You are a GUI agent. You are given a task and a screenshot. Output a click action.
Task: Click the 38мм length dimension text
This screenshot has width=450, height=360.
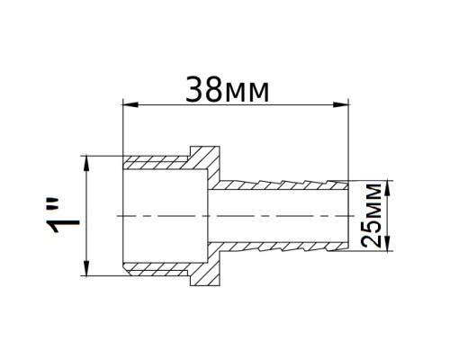[x=227, y=90]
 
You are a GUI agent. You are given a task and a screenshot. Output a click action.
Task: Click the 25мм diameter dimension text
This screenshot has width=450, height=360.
[x=371, y=216]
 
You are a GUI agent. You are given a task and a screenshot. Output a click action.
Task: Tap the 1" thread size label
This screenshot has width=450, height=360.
[x=62, y=215]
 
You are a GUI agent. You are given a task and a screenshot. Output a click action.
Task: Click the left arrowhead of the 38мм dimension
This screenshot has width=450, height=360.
[x=130, y=104]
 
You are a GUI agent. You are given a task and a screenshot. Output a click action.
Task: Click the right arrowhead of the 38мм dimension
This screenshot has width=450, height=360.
[x=341, y=104]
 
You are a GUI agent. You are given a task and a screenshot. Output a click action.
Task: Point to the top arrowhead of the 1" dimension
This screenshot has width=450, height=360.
[x=86, y=163]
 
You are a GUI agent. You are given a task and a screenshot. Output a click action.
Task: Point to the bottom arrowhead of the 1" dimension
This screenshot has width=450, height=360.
[x=86, y=268]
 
